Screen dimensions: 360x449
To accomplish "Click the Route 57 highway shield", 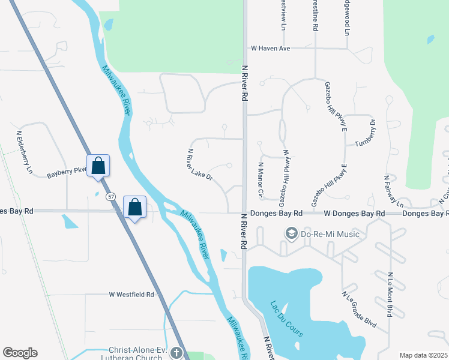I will click(110, 196).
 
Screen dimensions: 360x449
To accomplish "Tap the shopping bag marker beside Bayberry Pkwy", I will click(98, 166).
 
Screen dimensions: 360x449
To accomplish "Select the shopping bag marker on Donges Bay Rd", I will click(135, 207).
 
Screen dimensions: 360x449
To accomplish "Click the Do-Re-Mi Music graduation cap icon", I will click(291, 233).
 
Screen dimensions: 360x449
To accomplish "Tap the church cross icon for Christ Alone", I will click(175, 353).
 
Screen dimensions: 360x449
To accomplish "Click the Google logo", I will click(20, 353).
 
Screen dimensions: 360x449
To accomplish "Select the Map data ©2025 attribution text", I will click(423, 355).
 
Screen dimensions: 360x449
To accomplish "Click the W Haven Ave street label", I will click(270, 48).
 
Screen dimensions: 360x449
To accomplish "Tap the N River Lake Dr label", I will click(200, 164).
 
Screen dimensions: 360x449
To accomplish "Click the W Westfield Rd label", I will click(131, 295).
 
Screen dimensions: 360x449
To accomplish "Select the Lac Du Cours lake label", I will click(286, 319).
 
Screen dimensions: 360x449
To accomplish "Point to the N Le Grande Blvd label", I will click(359, 310).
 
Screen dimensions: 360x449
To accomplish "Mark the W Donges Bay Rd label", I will click(354, 214).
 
